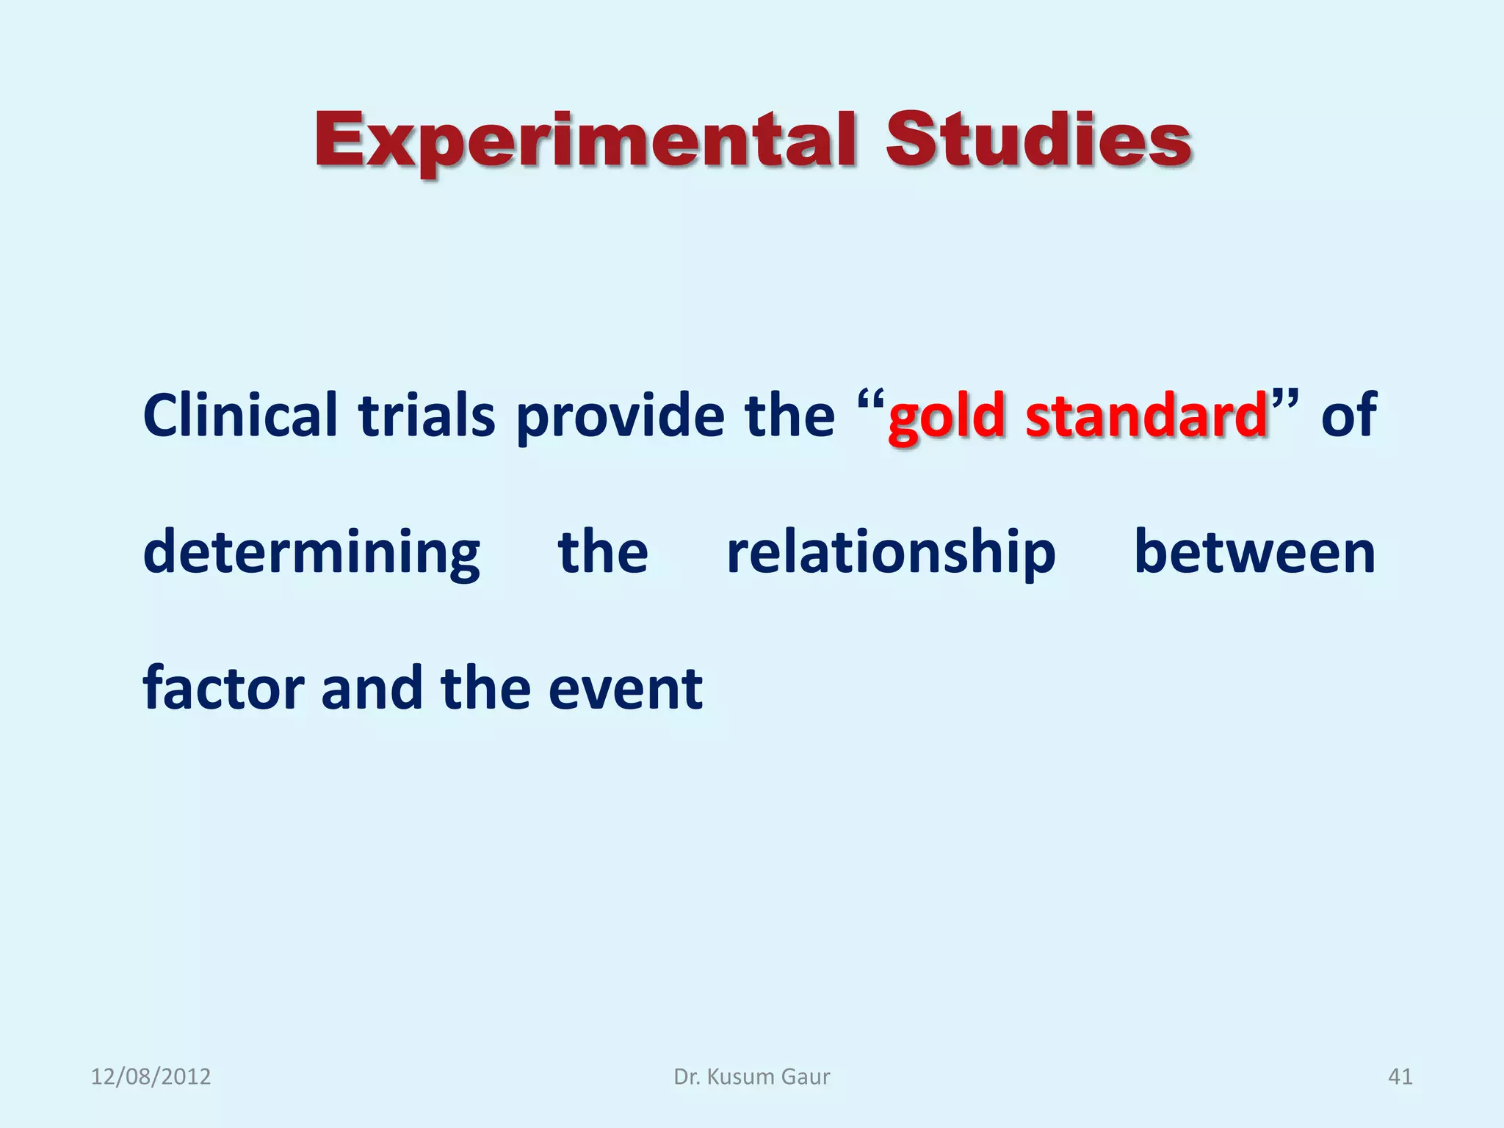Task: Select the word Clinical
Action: tap(239, 416)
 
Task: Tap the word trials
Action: tap(427, 416)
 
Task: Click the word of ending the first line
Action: tap(1348, 416)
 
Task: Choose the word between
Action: tap(1254, 552)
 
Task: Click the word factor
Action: tap(223, 689)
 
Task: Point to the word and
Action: tap(372, 689)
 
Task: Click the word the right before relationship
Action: tap(603, 552)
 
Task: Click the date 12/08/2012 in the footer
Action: tap(151, 1077)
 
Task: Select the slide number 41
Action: tap(1400, 1077)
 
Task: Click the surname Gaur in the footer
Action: tap(806, 1077)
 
